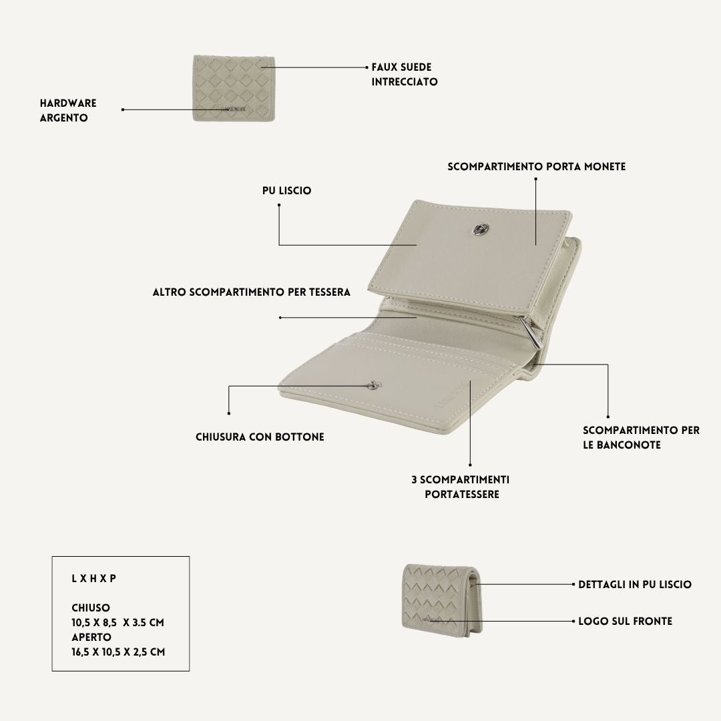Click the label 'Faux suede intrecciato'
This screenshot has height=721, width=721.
[x=404, y=75]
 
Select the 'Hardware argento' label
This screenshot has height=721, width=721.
[x=68, y=110]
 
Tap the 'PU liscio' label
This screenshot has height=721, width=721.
[x=287, y=191]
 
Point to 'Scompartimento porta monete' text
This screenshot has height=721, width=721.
[x=537, y=166]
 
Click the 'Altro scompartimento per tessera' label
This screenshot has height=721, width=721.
[x=252, y=292]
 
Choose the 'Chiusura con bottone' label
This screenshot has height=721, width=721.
[x=260, y=437]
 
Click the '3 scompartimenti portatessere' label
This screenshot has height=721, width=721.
[x=461, y=487]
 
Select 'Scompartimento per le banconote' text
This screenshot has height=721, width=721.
[x=641, y=438]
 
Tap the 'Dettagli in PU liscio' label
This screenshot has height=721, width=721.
[x=635, y=584]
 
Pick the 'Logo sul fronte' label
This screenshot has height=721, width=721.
[x=625, y=622]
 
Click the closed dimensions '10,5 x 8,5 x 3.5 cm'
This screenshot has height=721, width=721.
[x=117, y=623]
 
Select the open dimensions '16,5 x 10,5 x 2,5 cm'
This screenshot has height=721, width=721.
[x=118, y=652]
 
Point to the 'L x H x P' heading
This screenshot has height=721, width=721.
[x=94, y=578]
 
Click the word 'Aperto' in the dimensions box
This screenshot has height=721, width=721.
[x=91, y=638]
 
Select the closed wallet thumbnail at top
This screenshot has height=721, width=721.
[x=234, y=88]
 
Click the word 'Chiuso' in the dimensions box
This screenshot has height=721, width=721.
[x=91, y=608]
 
